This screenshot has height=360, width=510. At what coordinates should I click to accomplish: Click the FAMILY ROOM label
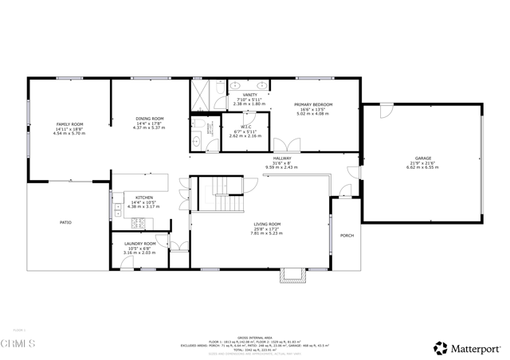69,124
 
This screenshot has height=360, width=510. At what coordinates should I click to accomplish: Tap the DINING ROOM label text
149,119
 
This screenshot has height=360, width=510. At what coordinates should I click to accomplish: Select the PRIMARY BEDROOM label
312,104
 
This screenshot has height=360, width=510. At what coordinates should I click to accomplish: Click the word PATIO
65,222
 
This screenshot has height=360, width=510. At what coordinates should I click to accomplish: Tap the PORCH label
347,235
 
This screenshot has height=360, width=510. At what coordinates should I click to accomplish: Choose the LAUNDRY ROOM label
139,244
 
